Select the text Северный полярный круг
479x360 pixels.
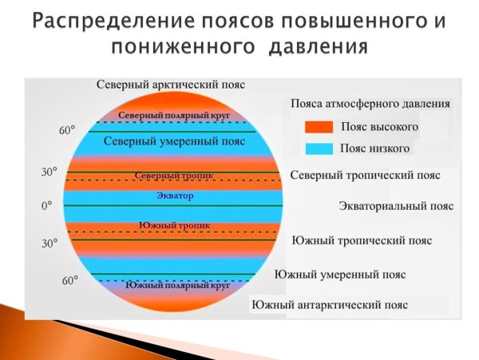point(174,116)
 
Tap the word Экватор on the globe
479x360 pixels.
point(174,195)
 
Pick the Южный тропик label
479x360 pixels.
point(174,225)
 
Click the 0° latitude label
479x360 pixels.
point(46,205)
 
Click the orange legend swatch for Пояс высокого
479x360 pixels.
point(318,126)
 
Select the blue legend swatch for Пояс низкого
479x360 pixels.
point(318,148)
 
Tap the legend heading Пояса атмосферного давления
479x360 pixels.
point(370,104)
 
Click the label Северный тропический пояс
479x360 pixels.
point(365,175)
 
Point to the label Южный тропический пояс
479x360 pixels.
point(362,239)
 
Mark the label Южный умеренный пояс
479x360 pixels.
point(339,274)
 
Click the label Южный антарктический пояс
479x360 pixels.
point(330,304)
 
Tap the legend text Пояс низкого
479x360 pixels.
point(375,148)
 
